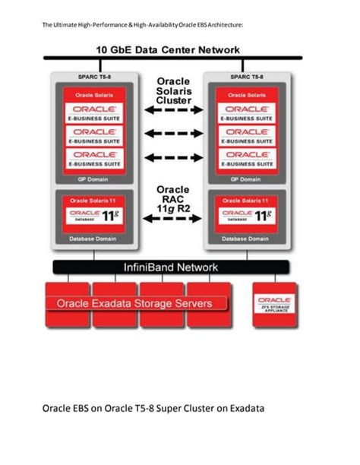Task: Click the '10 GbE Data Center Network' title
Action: (x=168, y=49)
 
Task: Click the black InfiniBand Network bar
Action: (x=170, y=267)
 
